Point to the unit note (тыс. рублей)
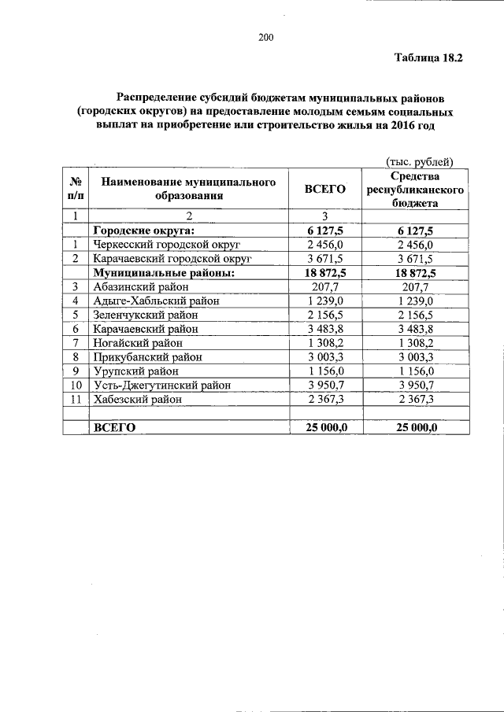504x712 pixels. [419, 162]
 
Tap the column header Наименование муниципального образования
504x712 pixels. [188, 189]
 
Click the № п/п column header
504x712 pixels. [76, 189]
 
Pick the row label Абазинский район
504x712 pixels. [141, 286]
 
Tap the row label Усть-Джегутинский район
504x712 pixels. [162, 385]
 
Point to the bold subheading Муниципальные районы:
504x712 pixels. [164, 272]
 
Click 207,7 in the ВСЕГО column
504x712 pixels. [324, 286]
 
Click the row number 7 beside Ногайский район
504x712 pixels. [76, 343]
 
